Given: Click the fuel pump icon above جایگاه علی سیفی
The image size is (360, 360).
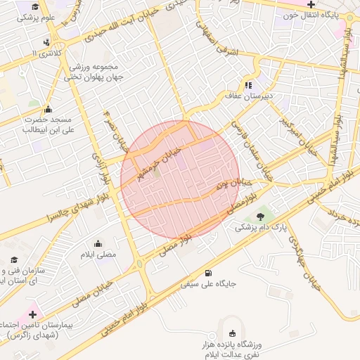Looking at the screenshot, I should (207, 273).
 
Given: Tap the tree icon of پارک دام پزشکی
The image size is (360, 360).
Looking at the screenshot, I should (262, 216).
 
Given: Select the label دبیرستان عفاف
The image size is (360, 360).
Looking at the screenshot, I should (249, 94).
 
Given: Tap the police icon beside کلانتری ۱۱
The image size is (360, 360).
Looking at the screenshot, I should (46, 42).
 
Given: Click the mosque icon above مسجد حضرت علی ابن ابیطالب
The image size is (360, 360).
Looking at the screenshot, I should (48, 110).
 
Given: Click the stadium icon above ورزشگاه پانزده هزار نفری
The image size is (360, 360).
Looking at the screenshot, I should (233, 333).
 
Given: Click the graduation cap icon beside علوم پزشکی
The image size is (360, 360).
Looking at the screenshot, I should (34, 7).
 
